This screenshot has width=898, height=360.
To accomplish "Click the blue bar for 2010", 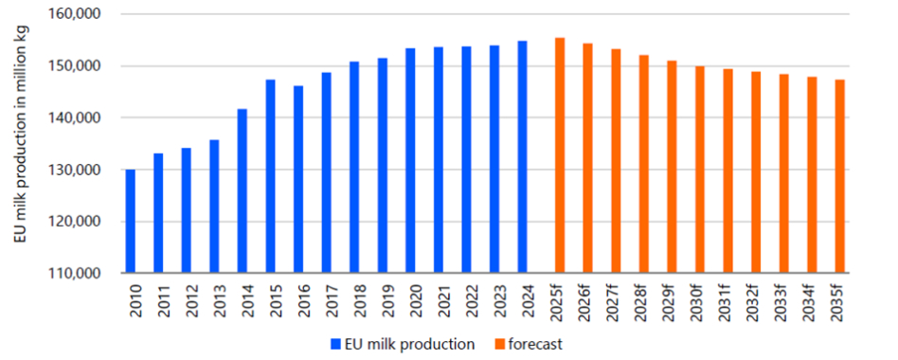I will tap(130, 222).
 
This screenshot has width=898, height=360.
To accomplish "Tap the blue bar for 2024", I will tap(522, 157).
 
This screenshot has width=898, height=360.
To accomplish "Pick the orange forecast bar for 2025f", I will tap(560, 155).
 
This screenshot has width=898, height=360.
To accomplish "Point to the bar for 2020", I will tap(410, 161).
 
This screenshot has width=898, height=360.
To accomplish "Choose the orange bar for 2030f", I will tap(700, 170).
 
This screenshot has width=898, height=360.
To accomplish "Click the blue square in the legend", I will tap(335, 345).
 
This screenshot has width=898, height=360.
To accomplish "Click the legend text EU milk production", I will tap(409, 345).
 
